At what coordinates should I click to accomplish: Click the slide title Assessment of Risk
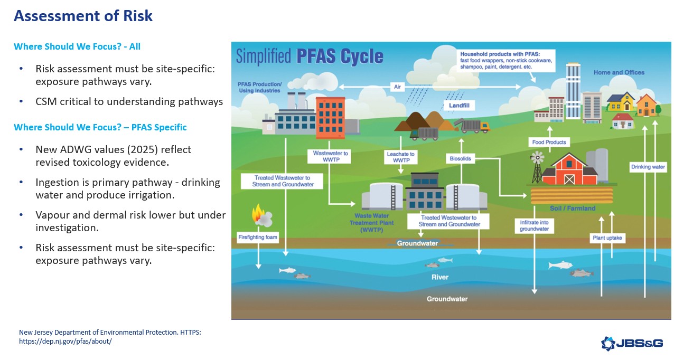click(x=83, y=16)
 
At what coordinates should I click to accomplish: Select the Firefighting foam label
click(x=257, y=237)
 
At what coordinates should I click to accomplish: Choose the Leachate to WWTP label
click(x=401, y=157)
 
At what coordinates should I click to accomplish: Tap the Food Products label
click(x=549, y=142)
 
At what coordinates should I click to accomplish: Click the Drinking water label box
click(x=648, y=167)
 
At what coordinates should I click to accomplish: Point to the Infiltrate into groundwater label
click(x=534, y=225)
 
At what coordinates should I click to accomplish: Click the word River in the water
click(x=439, y=277)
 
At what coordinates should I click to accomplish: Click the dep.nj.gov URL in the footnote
click(x=65, y=341)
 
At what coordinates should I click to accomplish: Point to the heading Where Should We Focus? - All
click(x=77, y=46)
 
